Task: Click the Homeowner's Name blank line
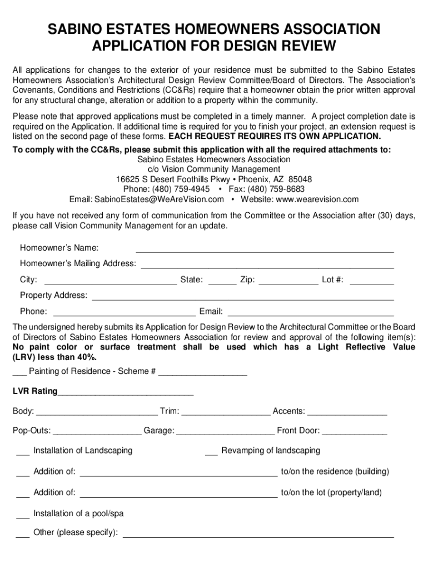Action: [x=265, y=248]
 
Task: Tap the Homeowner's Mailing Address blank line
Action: [x=267, y=264]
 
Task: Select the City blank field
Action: [x=110, y=280]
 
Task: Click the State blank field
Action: [x=222, y=280]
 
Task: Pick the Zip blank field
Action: [x=288, y=280]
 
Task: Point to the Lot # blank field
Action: [x=372, y=280]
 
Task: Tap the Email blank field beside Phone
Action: [x=311, y=312]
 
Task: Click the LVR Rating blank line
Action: [x=125, y=392]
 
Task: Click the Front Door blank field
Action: [x=355, y=431]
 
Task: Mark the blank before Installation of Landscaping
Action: [x=23, y=451]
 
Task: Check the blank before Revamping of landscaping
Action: [x=211, y=451]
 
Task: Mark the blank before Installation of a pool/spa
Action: [x=23, y=514]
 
